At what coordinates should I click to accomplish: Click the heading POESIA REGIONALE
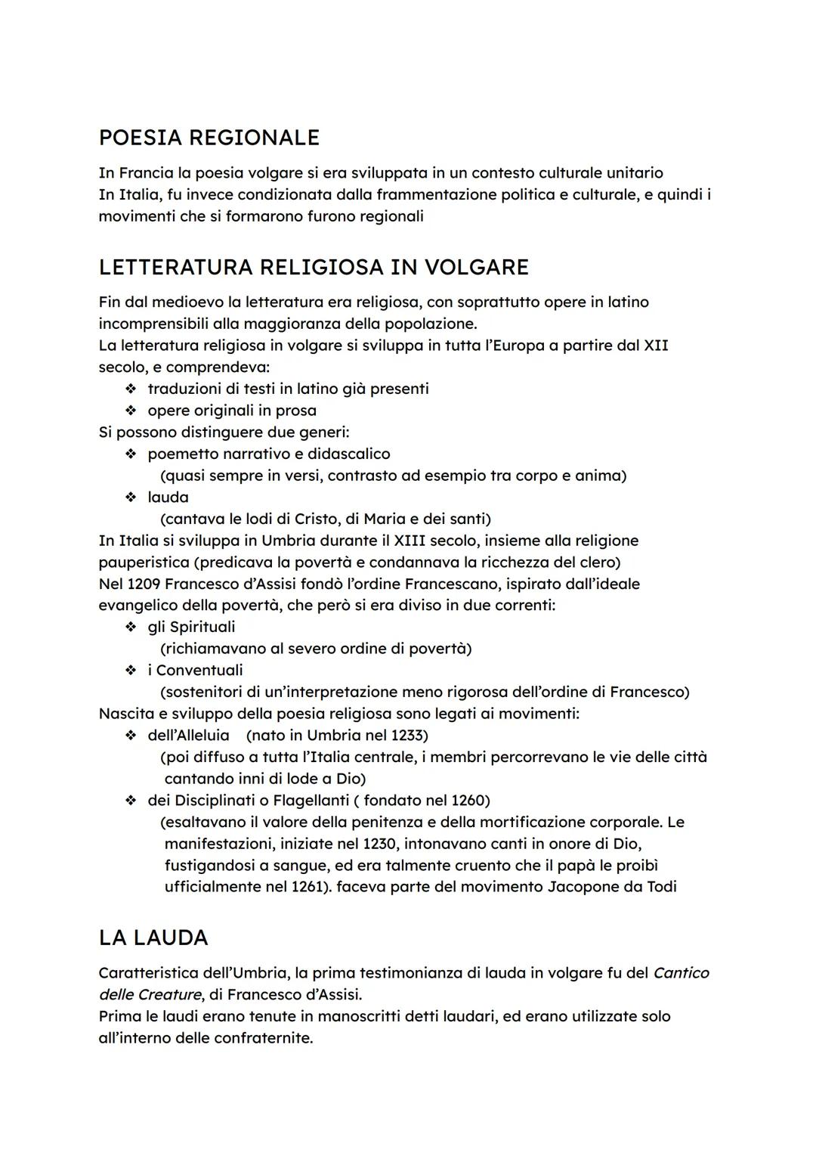point(209,138)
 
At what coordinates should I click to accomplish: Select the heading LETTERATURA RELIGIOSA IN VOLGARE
point(314,268)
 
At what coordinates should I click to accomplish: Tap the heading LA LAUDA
point(153,938)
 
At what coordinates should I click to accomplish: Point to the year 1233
point(409,736)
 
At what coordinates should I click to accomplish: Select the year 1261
point(309,887)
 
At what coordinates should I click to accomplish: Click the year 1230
point(381,844)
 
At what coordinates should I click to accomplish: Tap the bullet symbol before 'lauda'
point(131,497)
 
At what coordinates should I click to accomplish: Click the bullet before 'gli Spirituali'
point(131,628)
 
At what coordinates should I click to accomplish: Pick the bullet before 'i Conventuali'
point(131,671)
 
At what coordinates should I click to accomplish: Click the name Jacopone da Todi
point(611,887)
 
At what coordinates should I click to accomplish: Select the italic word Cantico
point(681,974)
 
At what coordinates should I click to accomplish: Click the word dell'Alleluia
point(188,736)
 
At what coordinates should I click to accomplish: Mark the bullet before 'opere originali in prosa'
point(131,411)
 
